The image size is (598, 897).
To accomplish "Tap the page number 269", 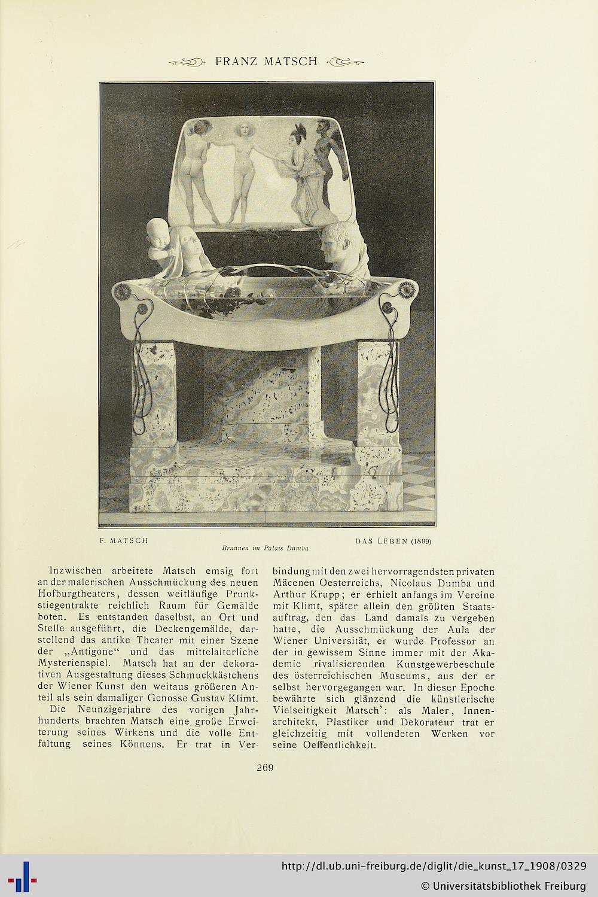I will coord(265,768).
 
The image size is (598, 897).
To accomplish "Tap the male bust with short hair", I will coord(339,244).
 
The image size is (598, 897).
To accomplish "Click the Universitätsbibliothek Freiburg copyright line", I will coord(504,885).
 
